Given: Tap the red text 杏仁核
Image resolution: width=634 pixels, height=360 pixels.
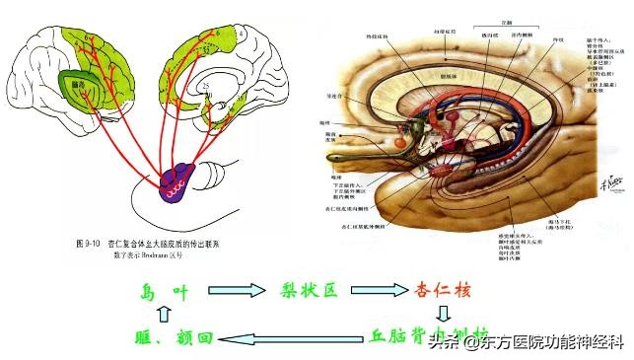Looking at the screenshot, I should point(443,291).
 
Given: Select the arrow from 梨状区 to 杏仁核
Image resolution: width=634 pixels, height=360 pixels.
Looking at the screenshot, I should point(380,291).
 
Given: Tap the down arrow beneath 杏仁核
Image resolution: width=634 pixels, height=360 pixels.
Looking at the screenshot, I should point(444,315).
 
